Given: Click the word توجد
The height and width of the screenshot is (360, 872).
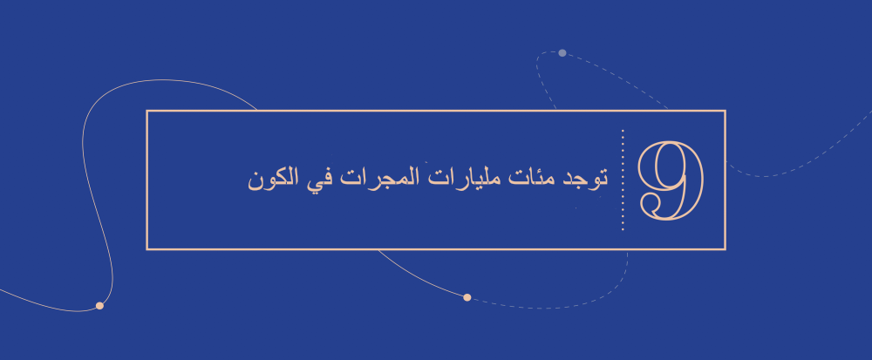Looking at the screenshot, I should [x=585, y=180].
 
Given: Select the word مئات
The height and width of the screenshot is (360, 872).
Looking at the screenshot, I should [x=535, y=180].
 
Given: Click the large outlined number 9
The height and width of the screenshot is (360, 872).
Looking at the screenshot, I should [x=670, y=180].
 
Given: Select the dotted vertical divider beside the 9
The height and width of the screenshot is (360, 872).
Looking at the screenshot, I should [x=623, y=180].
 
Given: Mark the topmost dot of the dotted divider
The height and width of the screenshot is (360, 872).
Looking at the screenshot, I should [x=623, y=131].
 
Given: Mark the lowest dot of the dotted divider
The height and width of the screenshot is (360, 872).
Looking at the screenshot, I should [x=623, y=229].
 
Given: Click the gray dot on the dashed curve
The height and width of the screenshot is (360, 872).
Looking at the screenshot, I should [x=562, y=53].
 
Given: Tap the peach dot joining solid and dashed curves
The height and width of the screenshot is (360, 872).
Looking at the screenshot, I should [x=467, y=298].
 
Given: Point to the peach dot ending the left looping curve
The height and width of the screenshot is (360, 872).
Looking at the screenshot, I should [x=99, y=306].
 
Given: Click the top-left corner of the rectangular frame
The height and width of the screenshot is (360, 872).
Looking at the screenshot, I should [x=147, y=112].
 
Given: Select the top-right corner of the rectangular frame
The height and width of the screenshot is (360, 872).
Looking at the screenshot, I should [x=725, y=112].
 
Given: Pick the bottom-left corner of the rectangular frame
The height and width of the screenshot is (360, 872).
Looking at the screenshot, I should [x=147, y=249].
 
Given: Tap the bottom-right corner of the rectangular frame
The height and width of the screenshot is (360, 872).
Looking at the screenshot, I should [x=725, y=249].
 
